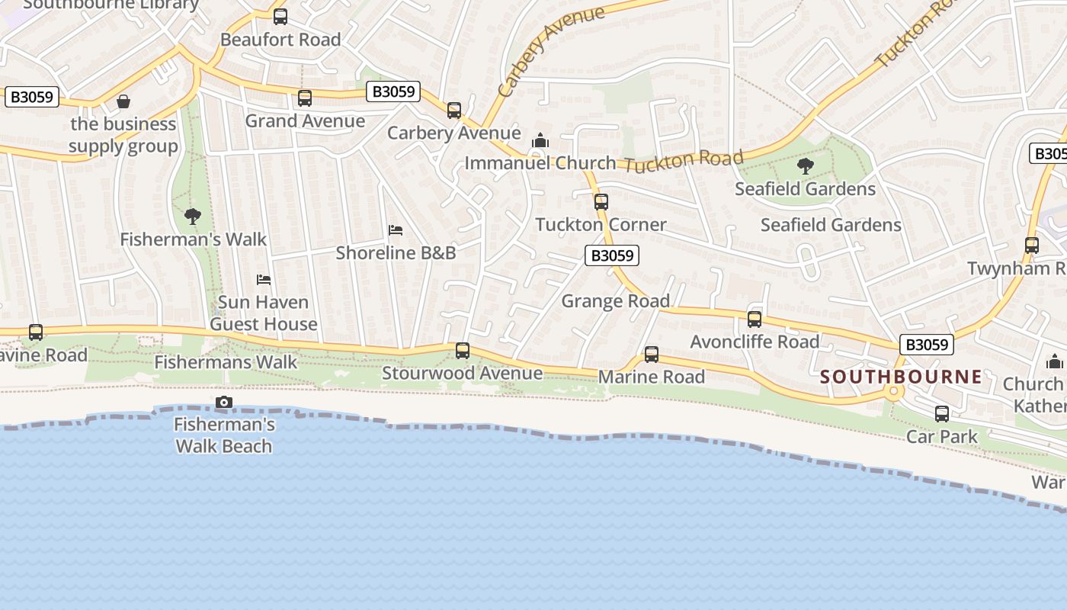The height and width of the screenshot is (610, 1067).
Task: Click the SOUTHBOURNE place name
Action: (x=901, y=377)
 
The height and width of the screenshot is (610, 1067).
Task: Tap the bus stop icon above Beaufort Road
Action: (x=280, y=16)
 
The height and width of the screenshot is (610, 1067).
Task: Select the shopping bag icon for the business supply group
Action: (x=123, y=101)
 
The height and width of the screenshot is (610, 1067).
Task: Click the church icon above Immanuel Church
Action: (x=540, y=140)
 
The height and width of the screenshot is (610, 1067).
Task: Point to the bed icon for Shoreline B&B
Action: (x=395, y=230)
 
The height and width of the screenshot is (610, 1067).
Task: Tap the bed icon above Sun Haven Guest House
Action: (x=264, y=279)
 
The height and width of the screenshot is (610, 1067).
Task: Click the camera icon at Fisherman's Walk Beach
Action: (x=224, y=402)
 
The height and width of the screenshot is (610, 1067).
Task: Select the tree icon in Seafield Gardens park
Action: (x=805, y=166)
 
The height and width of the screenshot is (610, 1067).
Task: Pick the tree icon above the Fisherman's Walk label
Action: (x=193, y=217)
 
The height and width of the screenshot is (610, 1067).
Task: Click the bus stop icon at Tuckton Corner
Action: (x=601, y=202)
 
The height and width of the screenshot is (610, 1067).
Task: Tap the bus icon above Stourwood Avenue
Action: (x=463, y=351)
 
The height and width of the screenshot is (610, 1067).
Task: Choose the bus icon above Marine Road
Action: (x=652, y=355)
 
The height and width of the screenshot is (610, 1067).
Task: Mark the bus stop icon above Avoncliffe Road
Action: (x=755, y=319)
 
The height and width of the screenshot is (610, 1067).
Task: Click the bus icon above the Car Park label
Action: (x=942, y=414)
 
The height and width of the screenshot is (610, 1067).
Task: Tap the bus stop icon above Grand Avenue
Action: (x=305, y=98)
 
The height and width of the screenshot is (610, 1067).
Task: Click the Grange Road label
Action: (x=615, y=301)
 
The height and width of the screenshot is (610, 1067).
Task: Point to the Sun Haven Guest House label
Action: (x=263, y=313)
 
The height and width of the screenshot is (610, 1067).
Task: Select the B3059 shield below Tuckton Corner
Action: (x=612, y=255)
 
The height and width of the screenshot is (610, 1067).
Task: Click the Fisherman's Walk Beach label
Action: (x=224, y=435)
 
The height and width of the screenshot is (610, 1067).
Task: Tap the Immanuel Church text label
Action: (x=540, y=163)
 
